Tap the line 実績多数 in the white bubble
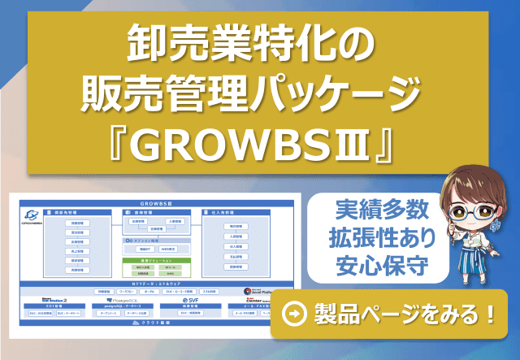(379, 213)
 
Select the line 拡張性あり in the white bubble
(379, 239)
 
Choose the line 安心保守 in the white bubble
(379, 266)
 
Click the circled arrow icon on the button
(293, 313)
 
